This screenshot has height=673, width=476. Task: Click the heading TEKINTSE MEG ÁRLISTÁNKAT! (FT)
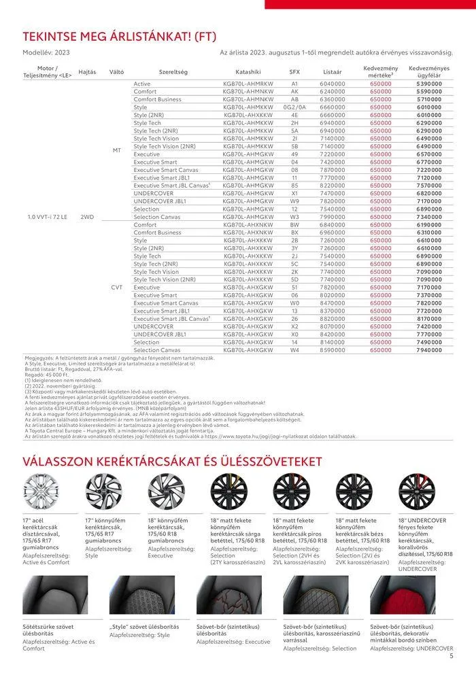point(120,36)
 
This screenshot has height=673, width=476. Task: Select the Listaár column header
point(333,71)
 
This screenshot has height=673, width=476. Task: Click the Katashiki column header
point(248,71)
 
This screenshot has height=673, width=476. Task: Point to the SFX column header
point(294,71)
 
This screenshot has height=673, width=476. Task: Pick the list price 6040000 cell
point(333,83)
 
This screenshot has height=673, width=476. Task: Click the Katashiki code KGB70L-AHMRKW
point(248,83)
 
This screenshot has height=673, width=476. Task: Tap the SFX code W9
point(294,201)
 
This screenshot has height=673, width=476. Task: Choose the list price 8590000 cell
point(333,350)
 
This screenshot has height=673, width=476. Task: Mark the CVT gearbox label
point(116,287)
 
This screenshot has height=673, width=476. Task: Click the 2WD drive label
point(87,217)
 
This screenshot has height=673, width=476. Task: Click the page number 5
point(452,656)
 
